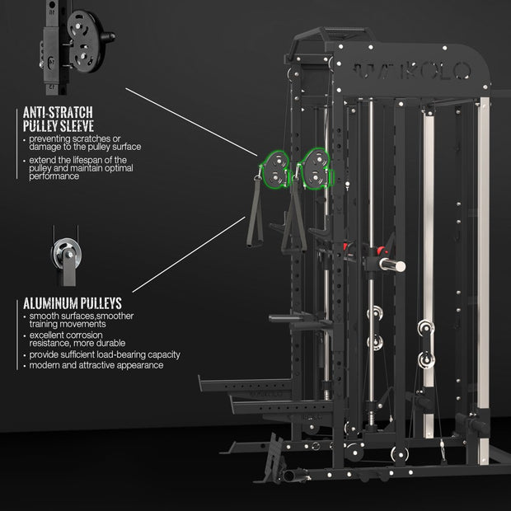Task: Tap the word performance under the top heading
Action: click(53, 176)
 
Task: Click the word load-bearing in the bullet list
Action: click(126, 354)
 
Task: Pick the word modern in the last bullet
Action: click(45, 364)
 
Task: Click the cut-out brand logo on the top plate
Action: click(412, 69)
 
